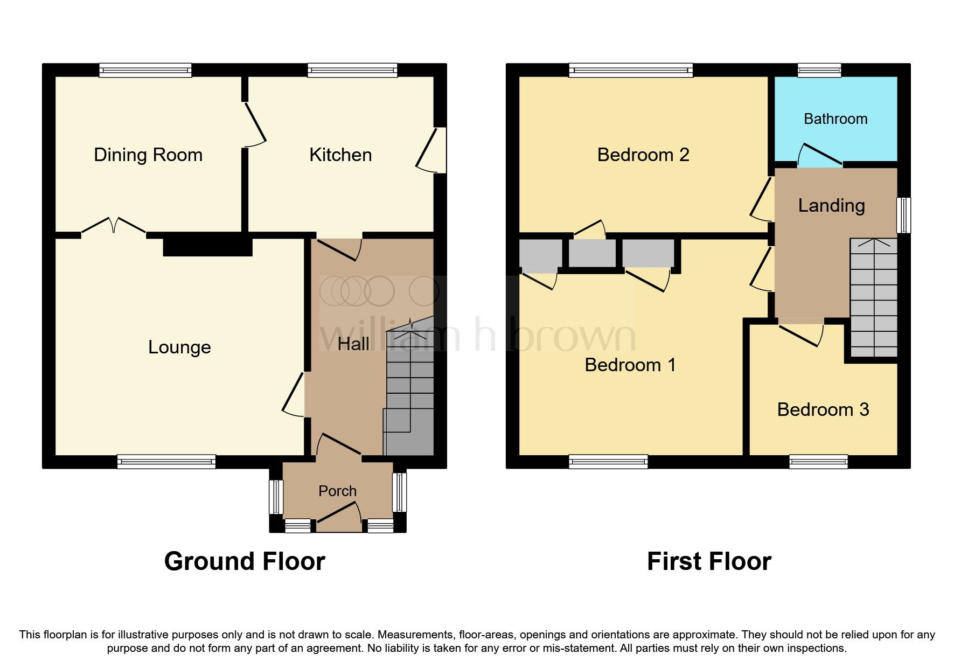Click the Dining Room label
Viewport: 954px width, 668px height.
148,155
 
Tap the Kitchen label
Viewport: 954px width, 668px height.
340,155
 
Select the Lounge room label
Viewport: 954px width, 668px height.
179,347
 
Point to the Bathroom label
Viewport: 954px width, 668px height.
835,119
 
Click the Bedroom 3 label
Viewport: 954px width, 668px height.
823,410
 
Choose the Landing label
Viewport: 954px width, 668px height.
831,206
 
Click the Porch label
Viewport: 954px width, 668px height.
337,491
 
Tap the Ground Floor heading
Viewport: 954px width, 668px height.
245,561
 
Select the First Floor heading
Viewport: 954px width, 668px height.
709,561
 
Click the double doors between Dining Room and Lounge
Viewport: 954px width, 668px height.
114,226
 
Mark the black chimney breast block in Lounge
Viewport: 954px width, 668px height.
207,247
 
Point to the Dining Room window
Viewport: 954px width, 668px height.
145,70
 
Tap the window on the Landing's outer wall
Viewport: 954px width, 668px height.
904,215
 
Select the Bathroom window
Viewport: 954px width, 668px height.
819,70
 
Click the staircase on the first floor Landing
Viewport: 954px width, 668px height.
873,297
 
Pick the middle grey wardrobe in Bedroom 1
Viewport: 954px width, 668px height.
592,253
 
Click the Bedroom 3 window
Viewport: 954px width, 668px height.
818,462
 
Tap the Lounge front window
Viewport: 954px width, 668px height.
166,462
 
